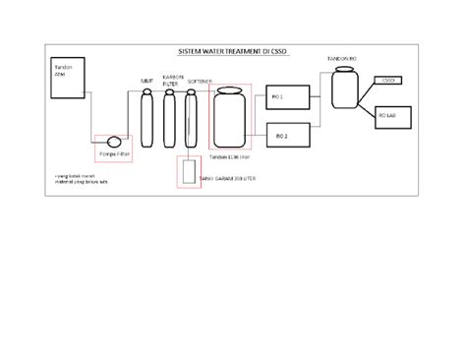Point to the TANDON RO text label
(x=343, y=60)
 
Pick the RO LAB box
(x=387, y=116)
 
